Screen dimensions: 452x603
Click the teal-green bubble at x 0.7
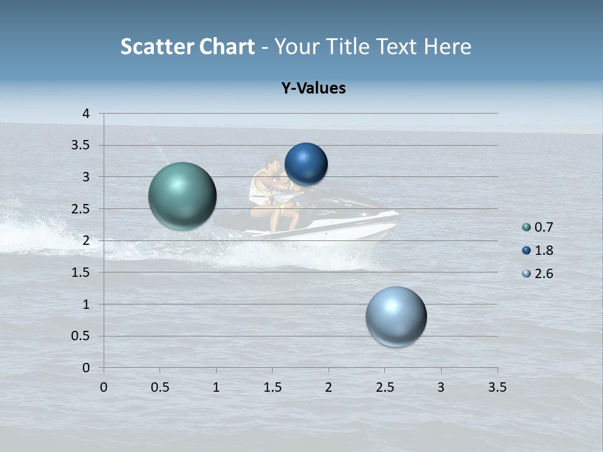click(183, 196)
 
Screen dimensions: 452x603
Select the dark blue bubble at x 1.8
click(306, 164)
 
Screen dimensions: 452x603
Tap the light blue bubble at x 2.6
click(396, 316)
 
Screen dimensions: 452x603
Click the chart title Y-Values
click(313, 89)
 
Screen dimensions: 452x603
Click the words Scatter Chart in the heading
click(187, 46)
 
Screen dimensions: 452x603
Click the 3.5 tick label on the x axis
click(497, 387)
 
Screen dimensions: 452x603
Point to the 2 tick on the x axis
click(329, 387)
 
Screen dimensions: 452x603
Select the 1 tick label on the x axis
click(216, 387)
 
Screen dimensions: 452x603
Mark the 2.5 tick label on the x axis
click(384, 387)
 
